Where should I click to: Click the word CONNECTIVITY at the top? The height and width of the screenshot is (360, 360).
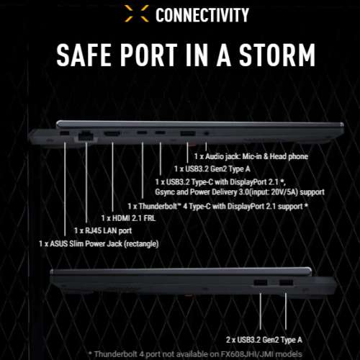(x=202, y=15)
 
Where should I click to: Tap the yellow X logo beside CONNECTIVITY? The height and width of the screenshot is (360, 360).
(x=137, y=14)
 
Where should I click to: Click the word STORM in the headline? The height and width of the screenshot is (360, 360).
(x=277, y=55)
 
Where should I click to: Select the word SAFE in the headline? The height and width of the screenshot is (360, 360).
(x=84, y=55)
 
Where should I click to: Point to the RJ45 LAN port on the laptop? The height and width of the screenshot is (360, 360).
(x=86, y=135)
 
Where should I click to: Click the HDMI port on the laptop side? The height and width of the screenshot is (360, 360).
(x=112, y=133)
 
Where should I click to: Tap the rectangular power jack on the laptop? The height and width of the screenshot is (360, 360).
(x=64, y=133)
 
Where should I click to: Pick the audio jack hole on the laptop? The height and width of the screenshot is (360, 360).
(x=206, y=133)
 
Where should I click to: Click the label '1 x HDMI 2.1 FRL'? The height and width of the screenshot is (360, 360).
(x=128, y=218)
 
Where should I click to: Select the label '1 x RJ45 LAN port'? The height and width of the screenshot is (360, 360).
(x=103, y=230)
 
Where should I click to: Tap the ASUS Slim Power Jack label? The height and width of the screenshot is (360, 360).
(x=99, y=244)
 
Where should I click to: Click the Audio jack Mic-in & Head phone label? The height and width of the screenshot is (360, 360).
(x=251, y=156)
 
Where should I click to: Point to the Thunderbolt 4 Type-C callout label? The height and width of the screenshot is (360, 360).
(x=217, y=206)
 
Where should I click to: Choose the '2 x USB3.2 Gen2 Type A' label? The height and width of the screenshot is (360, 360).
(x=264, y=340)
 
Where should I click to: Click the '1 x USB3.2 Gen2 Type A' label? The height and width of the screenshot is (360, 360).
(x=212, y=169)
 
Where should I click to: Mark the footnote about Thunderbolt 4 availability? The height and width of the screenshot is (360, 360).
(x=195, y=354)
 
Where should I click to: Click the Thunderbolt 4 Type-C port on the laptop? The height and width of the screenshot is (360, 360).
(x=142, y=132)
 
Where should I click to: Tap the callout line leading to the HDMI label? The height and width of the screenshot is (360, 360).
(x=112, y=177)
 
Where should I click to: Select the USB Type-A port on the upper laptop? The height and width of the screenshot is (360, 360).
(x=188, y=133)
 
